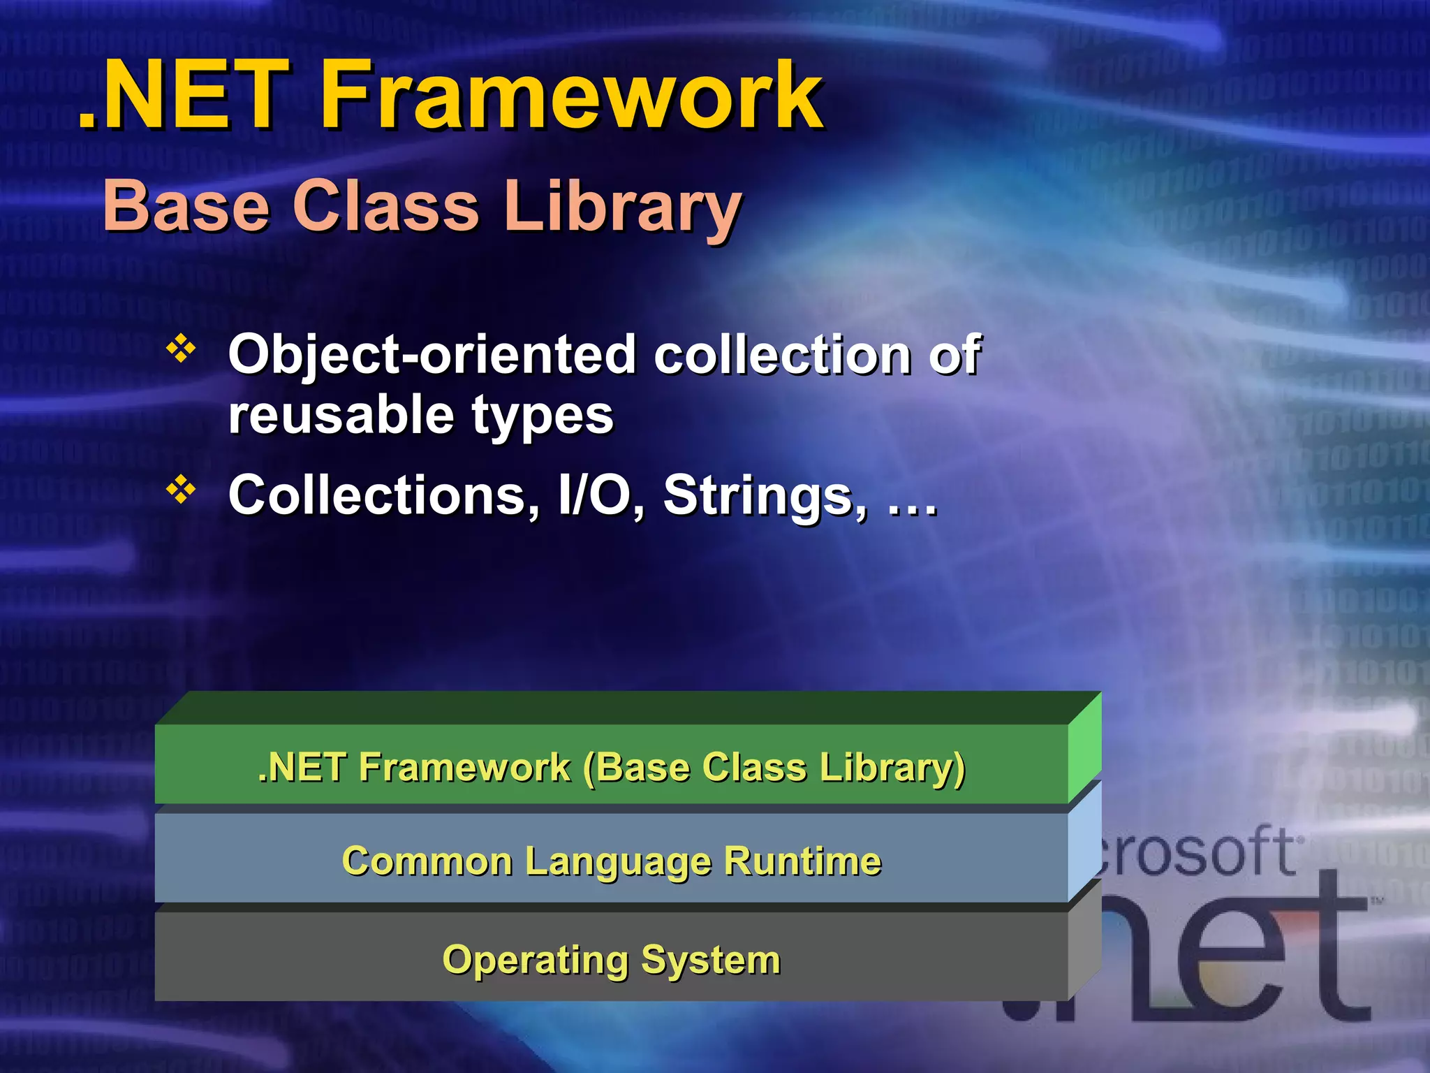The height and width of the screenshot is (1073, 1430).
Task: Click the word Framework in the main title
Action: pos(571,95)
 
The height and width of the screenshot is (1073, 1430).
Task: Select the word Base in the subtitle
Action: pos(186,207)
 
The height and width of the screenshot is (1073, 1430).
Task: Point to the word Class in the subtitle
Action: pos(385,207)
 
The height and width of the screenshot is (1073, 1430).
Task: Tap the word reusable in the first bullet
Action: pos(341,415)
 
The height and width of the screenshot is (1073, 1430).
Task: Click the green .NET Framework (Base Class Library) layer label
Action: pos(611,767)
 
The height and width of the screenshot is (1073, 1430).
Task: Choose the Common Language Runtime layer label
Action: pos(611,861)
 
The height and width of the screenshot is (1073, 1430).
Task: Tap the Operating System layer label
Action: pos(611,960)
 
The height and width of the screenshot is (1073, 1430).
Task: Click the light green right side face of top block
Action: pos(1084,747)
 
